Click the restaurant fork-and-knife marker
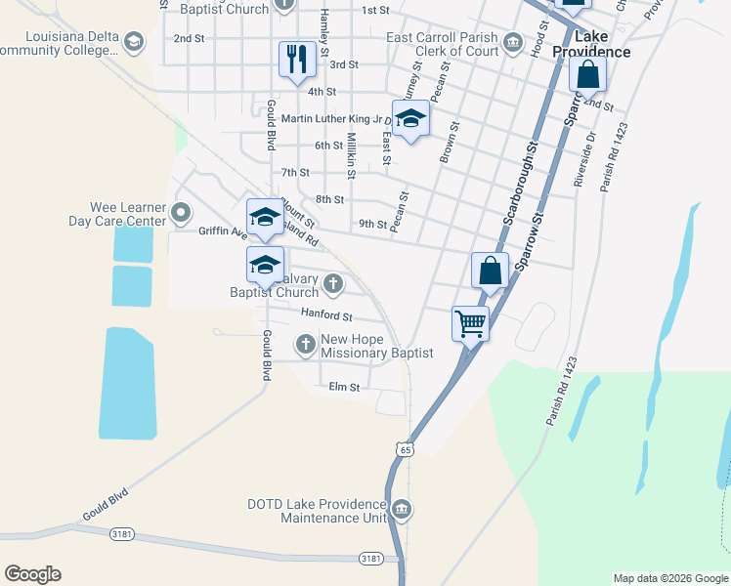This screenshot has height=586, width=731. click(x=295, y=59)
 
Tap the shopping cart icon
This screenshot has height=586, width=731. click(x=471, y=322)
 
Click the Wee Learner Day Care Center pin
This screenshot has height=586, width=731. click(x=181, y=212)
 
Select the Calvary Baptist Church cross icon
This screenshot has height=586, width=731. click(x=333, y=284)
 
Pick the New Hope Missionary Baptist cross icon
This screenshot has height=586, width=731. click(x=306, y=343)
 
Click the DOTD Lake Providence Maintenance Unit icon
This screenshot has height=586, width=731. click(x=402, y=510)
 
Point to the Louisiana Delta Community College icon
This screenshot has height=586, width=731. click(x=133, y=41)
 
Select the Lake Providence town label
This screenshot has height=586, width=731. click(x=591, y=44)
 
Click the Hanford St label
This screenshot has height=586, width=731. click(x=326, y=316)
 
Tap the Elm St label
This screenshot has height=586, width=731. click(x=345, y=387)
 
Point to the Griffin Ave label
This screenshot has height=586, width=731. click(x=223, y=232)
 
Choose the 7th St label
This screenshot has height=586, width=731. click(x=295, y=173)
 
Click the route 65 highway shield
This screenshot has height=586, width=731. click(x=404, y=448)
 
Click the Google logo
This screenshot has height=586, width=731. click(x=32, y=574)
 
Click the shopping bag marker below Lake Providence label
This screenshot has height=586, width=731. click(x=587, y=74)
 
